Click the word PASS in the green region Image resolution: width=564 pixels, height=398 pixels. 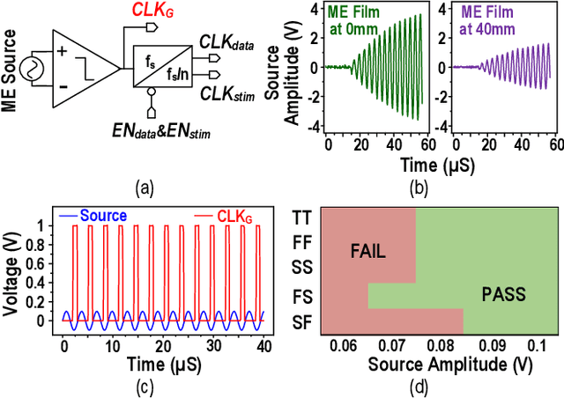click(x=502, y=294)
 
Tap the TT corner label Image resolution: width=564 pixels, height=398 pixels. click(x=302, y=214)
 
